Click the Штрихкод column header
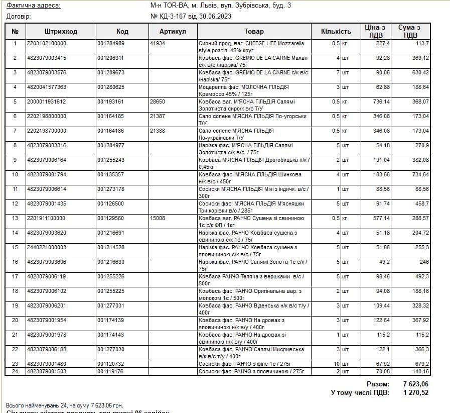61,31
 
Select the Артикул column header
173,31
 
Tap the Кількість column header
336,31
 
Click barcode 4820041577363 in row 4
47,87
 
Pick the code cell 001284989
110,44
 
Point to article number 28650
158,102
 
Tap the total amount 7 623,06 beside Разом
416,384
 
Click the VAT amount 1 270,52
416,392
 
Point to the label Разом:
378,384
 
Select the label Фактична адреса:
33,6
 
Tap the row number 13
15,219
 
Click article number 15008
158,219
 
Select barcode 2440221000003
47,248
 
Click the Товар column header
254,31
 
